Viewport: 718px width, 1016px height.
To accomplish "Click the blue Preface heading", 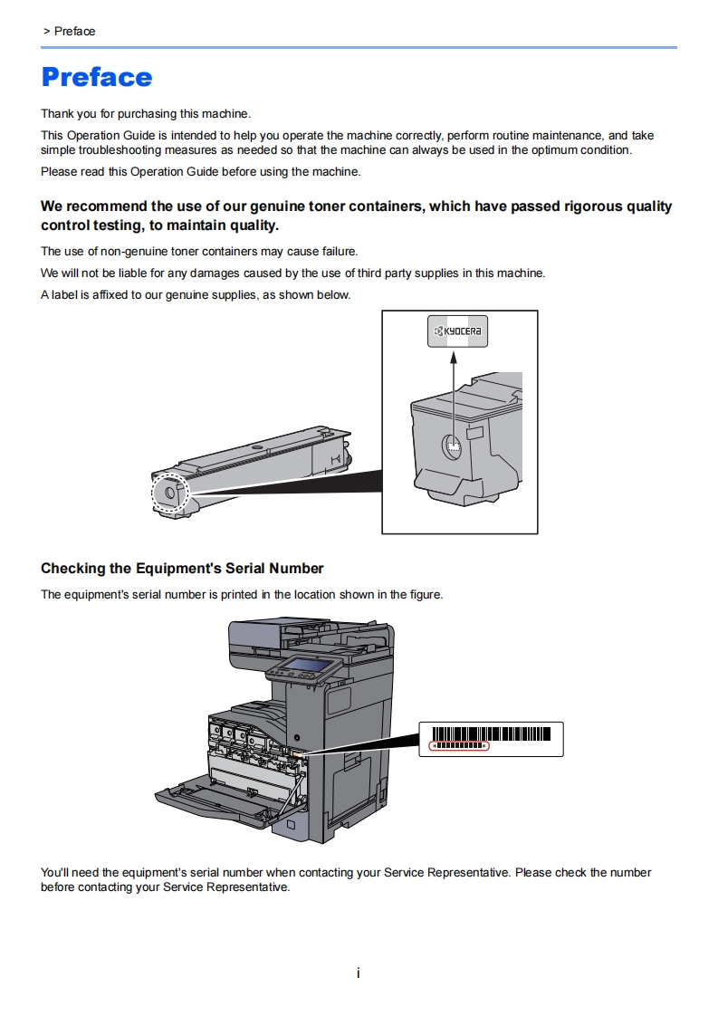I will (97, 77).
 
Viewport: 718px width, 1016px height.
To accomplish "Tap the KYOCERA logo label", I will (457, 332).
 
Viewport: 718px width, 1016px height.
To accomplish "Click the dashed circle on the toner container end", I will (168, 493).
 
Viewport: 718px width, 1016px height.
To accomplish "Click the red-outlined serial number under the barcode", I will (458, 746).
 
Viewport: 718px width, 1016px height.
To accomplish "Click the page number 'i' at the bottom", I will (359, 973).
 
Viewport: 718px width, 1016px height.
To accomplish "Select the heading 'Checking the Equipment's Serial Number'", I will (182, 569).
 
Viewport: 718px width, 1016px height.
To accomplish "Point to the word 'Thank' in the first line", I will (57, 114).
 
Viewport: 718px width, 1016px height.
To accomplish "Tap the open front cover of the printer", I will (217, 801).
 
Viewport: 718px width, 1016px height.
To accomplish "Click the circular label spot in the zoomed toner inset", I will (452, 446).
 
